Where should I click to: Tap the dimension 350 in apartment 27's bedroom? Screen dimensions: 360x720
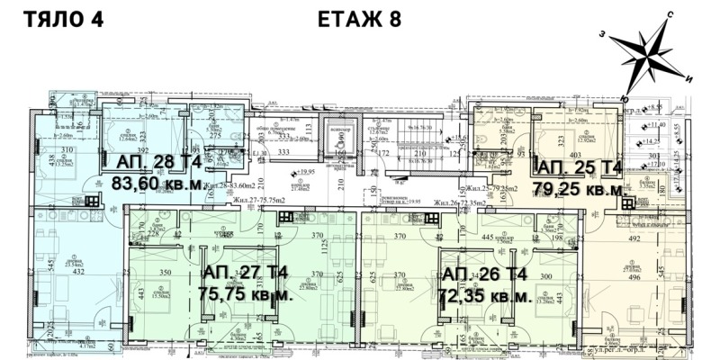tap(165, 271)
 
